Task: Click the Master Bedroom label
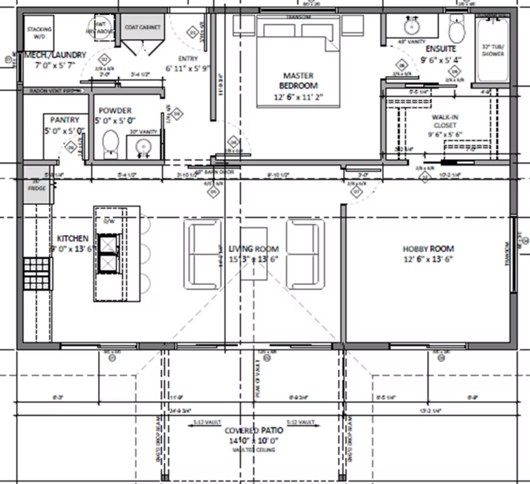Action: (298, 86)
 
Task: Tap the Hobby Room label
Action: (428, 254)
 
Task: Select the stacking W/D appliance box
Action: (39, 33)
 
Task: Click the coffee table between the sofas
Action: (253, 254)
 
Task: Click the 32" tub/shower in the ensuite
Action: (493, 51)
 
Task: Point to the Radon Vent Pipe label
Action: (52, 91)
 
